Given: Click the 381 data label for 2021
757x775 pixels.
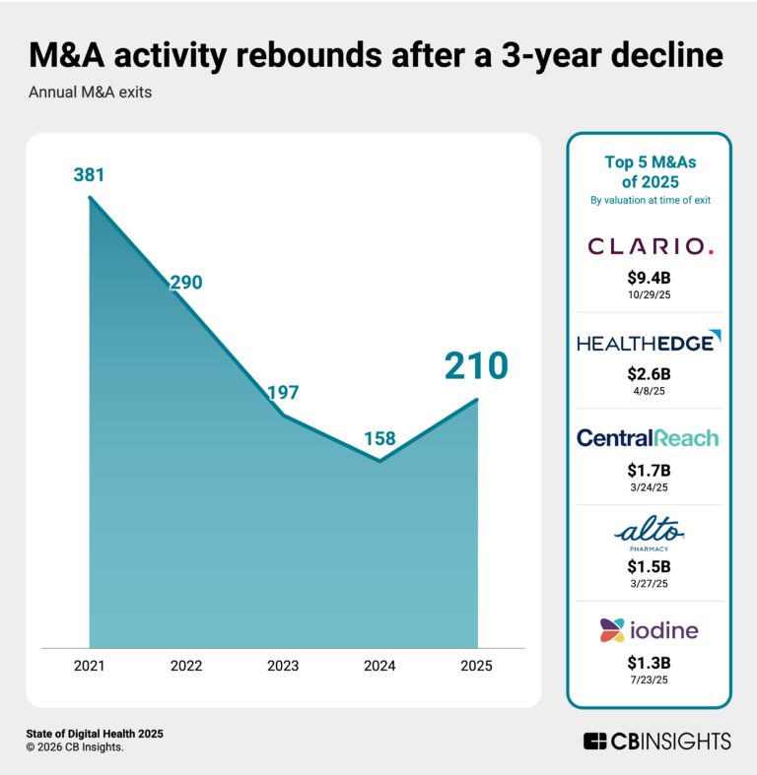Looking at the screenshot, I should click(90, 176).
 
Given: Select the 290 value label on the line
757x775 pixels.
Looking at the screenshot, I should click(185, 283).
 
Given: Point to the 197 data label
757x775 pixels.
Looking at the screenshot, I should click(283, 393).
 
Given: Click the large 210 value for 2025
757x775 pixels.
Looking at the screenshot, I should click(475, 366).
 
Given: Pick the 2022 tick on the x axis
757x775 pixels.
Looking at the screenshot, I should click(186, 666).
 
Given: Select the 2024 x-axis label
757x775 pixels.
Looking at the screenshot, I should click(379, 666).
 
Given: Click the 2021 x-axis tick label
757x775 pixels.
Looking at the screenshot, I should click(90, 666).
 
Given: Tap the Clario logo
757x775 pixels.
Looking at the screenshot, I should click(649, 246).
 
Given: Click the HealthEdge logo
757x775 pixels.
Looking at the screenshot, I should click(649, 342).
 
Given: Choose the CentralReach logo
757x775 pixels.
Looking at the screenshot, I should click(649, 438).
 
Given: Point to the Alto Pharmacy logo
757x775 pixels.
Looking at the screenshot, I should click(649, 536).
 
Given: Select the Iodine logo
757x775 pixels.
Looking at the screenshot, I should click(649, 629).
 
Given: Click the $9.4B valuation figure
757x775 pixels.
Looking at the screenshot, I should click(649, 279).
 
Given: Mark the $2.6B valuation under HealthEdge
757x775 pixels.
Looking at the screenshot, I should click(649, 374).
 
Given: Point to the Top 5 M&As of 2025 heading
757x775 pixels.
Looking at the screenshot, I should click(649, 172).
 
